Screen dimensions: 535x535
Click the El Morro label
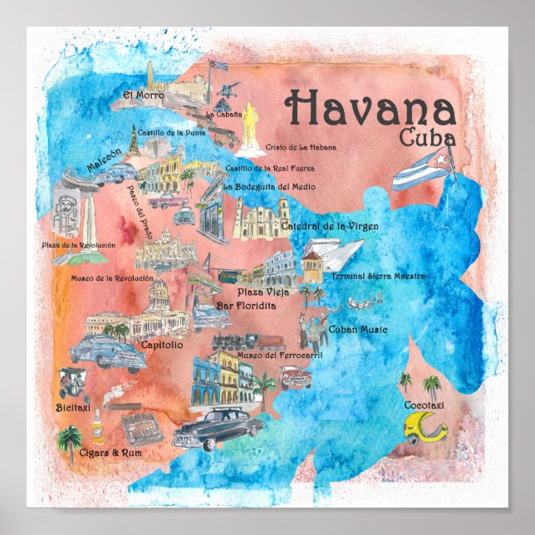tap(139, 95)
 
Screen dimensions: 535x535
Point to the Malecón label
tap(104, 166)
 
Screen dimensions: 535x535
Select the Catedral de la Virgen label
tap(330, 226)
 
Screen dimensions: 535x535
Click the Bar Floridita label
tap(246, 307)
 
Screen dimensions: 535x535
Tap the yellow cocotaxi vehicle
tap(425, 429)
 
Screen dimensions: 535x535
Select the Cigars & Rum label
tap(89, 454)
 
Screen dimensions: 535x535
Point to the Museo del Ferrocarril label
tap(267, 355)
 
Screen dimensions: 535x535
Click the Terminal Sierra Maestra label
tap(378, 276)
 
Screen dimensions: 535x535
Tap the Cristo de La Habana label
tap(301, 147)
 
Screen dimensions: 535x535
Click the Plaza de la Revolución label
tap(79, 245)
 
